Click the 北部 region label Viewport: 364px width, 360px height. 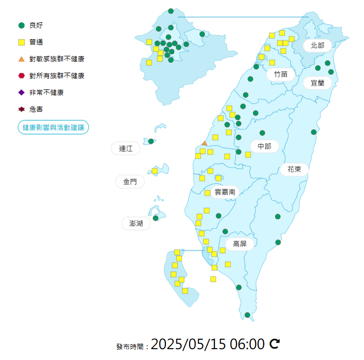click(x=318, y=45)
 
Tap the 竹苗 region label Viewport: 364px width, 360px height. click(x=280, y=74)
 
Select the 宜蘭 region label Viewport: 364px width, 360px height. click(x=318, y=83)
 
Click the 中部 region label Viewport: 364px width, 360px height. click(x=264, y=146)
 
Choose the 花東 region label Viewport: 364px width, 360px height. click(x=294, y=170)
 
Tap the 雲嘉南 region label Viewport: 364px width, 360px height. click(x=225, y=192)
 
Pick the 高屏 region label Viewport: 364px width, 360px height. click(x=240, y=244)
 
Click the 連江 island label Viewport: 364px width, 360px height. click(x=126, y=148)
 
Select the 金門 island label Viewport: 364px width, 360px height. click(x=130, y=182)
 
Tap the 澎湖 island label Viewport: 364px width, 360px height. click(x=136, y=224)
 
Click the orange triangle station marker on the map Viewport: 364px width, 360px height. click(x=204, y=143)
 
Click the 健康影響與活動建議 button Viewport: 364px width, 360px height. click(x=53, y=127)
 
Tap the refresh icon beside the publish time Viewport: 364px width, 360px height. click(x=275, y=343)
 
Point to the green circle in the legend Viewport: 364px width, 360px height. click(x=21, y=25)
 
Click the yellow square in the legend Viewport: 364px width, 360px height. click(x=21, y=42)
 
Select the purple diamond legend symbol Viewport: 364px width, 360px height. click(x=21, y=92)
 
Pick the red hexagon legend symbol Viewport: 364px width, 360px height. click(x=21, y=76)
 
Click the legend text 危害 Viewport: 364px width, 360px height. click(x=36, y=109)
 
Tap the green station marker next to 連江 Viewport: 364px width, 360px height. click(x=151, y=141)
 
